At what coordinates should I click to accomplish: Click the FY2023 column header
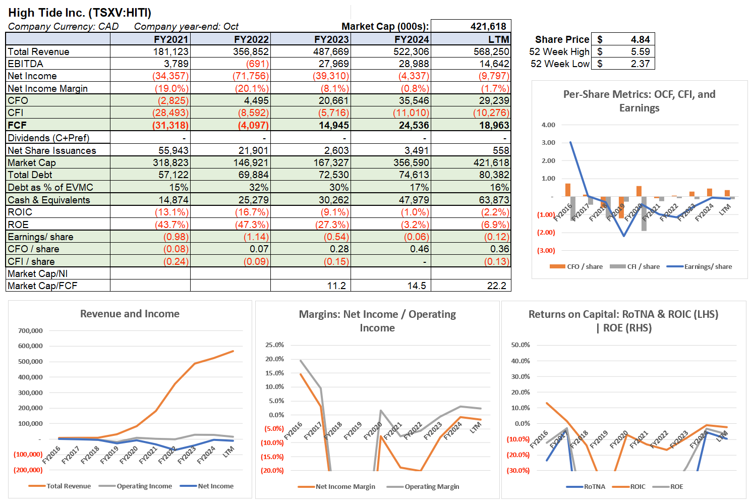pos(331,39)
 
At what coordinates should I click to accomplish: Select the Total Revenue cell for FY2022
pos(251,51)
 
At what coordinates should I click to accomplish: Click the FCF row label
pos(17,125)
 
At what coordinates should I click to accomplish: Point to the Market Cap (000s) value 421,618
pos(488,26)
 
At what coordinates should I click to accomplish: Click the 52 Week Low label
pos(559,64)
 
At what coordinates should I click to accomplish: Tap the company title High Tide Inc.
pos(80,13)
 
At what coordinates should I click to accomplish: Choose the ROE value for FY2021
pos(171,225)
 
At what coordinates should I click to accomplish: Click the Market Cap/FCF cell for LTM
pos(496,286)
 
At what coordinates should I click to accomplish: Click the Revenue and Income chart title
pos(130,314)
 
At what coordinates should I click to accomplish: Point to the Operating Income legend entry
pos(144,486)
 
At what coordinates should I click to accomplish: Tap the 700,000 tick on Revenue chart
pos(30,330)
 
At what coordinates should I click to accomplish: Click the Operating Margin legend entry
pos(431,486)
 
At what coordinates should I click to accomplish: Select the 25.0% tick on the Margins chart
pos(274,345)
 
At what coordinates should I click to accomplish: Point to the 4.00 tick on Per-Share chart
pos(548,125)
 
